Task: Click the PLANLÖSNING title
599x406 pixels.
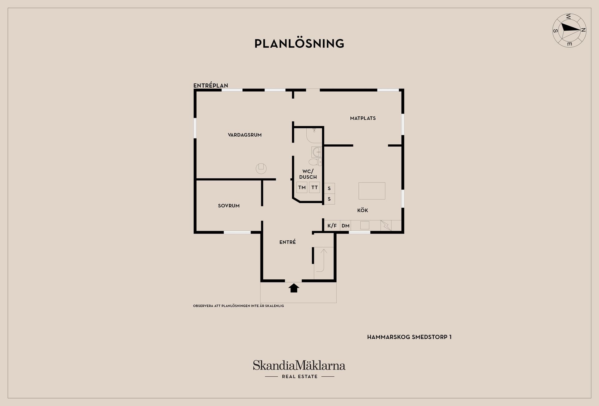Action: (299, 44)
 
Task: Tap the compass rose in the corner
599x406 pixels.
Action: (569, 30)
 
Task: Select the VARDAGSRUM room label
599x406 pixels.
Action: (245, 135)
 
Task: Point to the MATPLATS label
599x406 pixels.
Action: (363, 118)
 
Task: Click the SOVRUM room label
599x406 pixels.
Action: (229, 206)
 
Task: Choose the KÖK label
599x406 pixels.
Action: (363, 210)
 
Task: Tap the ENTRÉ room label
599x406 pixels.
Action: (288, 242)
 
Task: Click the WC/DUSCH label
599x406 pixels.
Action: (308, 174)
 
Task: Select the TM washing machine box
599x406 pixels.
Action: (302, 187)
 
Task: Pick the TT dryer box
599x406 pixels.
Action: (314, 187)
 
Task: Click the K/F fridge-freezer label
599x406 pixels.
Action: (332, 226)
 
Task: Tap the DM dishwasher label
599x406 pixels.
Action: (345, 226)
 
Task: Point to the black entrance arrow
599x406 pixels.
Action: (294, 288)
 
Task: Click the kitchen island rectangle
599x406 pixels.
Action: (372, 191)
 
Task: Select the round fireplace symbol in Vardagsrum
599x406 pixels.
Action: (261, 168)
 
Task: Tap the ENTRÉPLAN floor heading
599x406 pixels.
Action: (211, 85)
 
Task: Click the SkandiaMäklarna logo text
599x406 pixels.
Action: (299, 365)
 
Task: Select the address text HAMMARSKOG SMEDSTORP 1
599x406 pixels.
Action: (409, 337)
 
